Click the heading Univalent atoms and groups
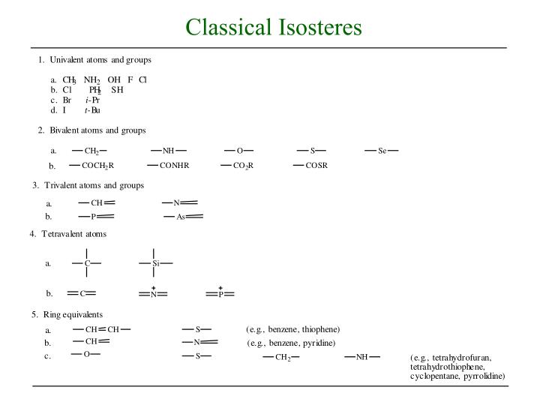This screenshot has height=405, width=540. (x=100, y=59)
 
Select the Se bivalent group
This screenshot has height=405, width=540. (x=382, y=151)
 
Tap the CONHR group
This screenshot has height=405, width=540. (x=174, y=165)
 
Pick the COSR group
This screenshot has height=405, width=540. (x=316, y=165)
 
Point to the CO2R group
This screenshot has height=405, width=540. (x=244, y=165)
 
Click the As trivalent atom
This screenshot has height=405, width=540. (x=181, y=217)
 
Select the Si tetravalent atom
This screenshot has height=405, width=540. (x=155, y=263)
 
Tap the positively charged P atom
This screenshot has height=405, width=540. (x=220, y=293)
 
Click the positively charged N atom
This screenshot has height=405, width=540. (x=153, y=293)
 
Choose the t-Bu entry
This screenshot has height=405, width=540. (x=91, y=110)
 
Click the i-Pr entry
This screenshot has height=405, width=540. (x=92, y=100)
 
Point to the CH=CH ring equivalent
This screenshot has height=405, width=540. (x=103, y=328)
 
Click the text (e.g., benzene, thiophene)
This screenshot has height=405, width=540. (x=292, y=329)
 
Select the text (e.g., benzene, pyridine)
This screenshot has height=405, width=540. (x=291, y=343)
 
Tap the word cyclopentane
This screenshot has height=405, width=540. (x=436, y=376)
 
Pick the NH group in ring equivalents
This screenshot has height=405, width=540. (x=362, y=356)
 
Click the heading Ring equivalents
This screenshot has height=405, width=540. (x=72, y=313)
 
